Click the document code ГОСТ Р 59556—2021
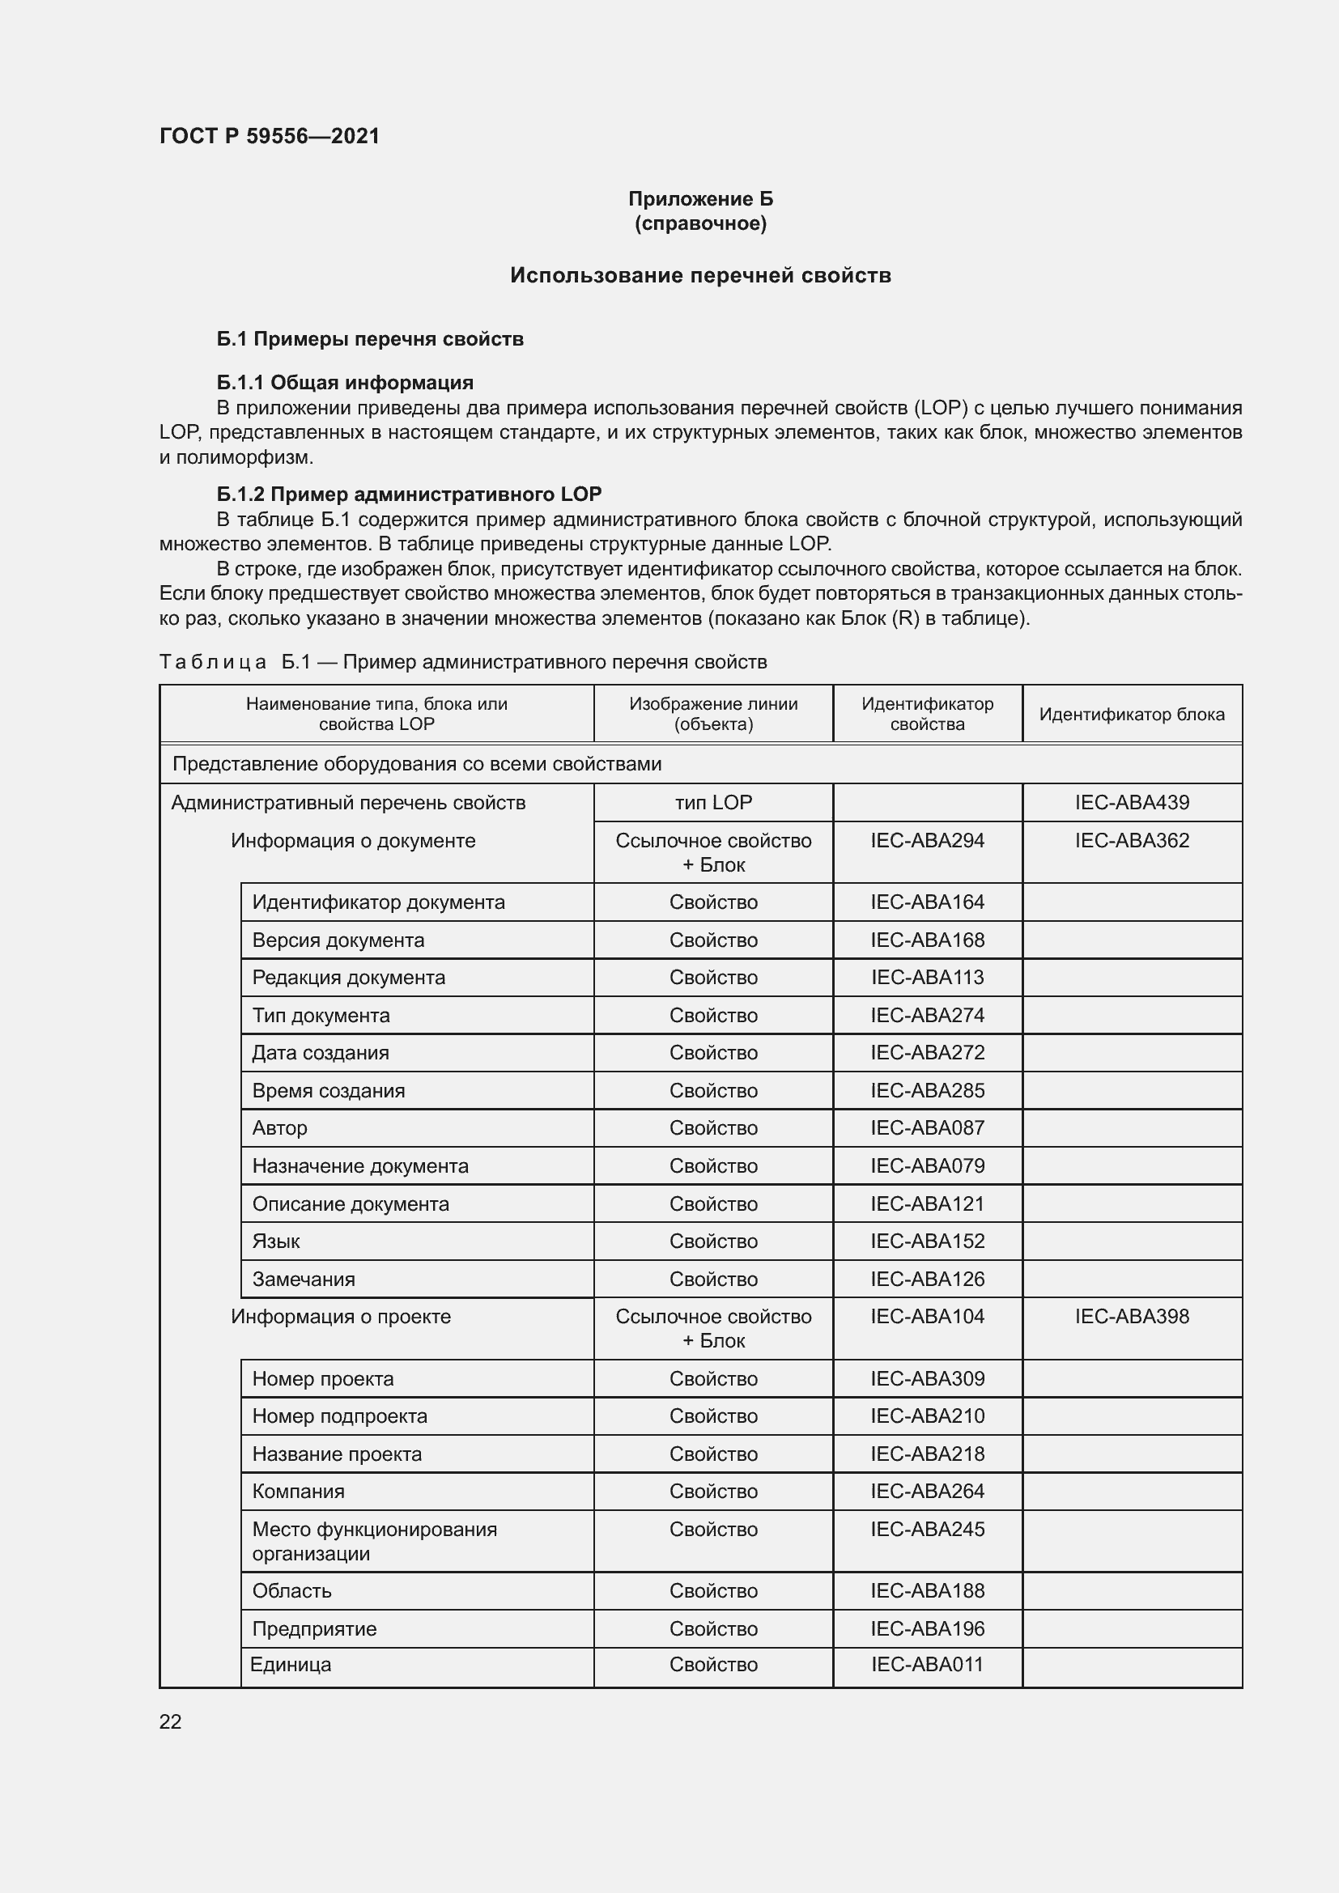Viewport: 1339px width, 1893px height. tap(269, 136)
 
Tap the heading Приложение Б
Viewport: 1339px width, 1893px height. tap(700, 199)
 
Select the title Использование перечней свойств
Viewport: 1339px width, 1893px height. tap(700, 275)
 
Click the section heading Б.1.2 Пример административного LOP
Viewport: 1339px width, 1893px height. tap(409, 494)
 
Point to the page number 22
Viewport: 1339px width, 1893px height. tap(171, 1721)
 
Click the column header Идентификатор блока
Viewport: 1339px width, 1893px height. tap(1131, 714)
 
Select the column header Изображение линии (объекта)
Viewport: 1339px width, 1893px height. tap(713, 714)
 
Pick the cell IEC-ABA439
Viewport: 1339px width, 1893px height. tap(1131, 802)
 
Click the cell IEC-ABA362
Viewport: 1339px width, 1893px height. tap(1131, 840)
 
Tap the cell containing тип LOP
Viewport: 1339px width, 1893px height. tap(713, 802)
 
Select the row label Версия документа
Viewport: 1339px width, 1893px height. tap(338, 940)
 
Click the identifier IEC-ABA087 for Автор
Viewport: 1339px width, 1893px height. tap(927, 1128)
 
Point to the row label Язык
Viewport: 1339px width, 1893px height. tap(276, 1241)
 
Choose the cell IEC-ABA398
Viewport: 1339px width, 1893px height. tap(1131, 1316)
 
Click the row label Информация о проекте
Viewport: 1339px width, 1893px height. tap(341, 1316)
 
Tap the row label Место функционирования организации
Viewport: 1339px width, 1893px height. tap(374, 1541)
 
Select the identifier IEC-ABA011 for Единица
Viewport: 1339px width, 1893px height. tap(927, 1664)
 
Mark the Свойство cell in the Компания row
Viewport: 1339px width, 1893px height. tap(713, 1491)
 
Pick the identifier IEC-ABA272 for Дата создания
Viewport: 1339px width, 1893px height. tap(927, 1053)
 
